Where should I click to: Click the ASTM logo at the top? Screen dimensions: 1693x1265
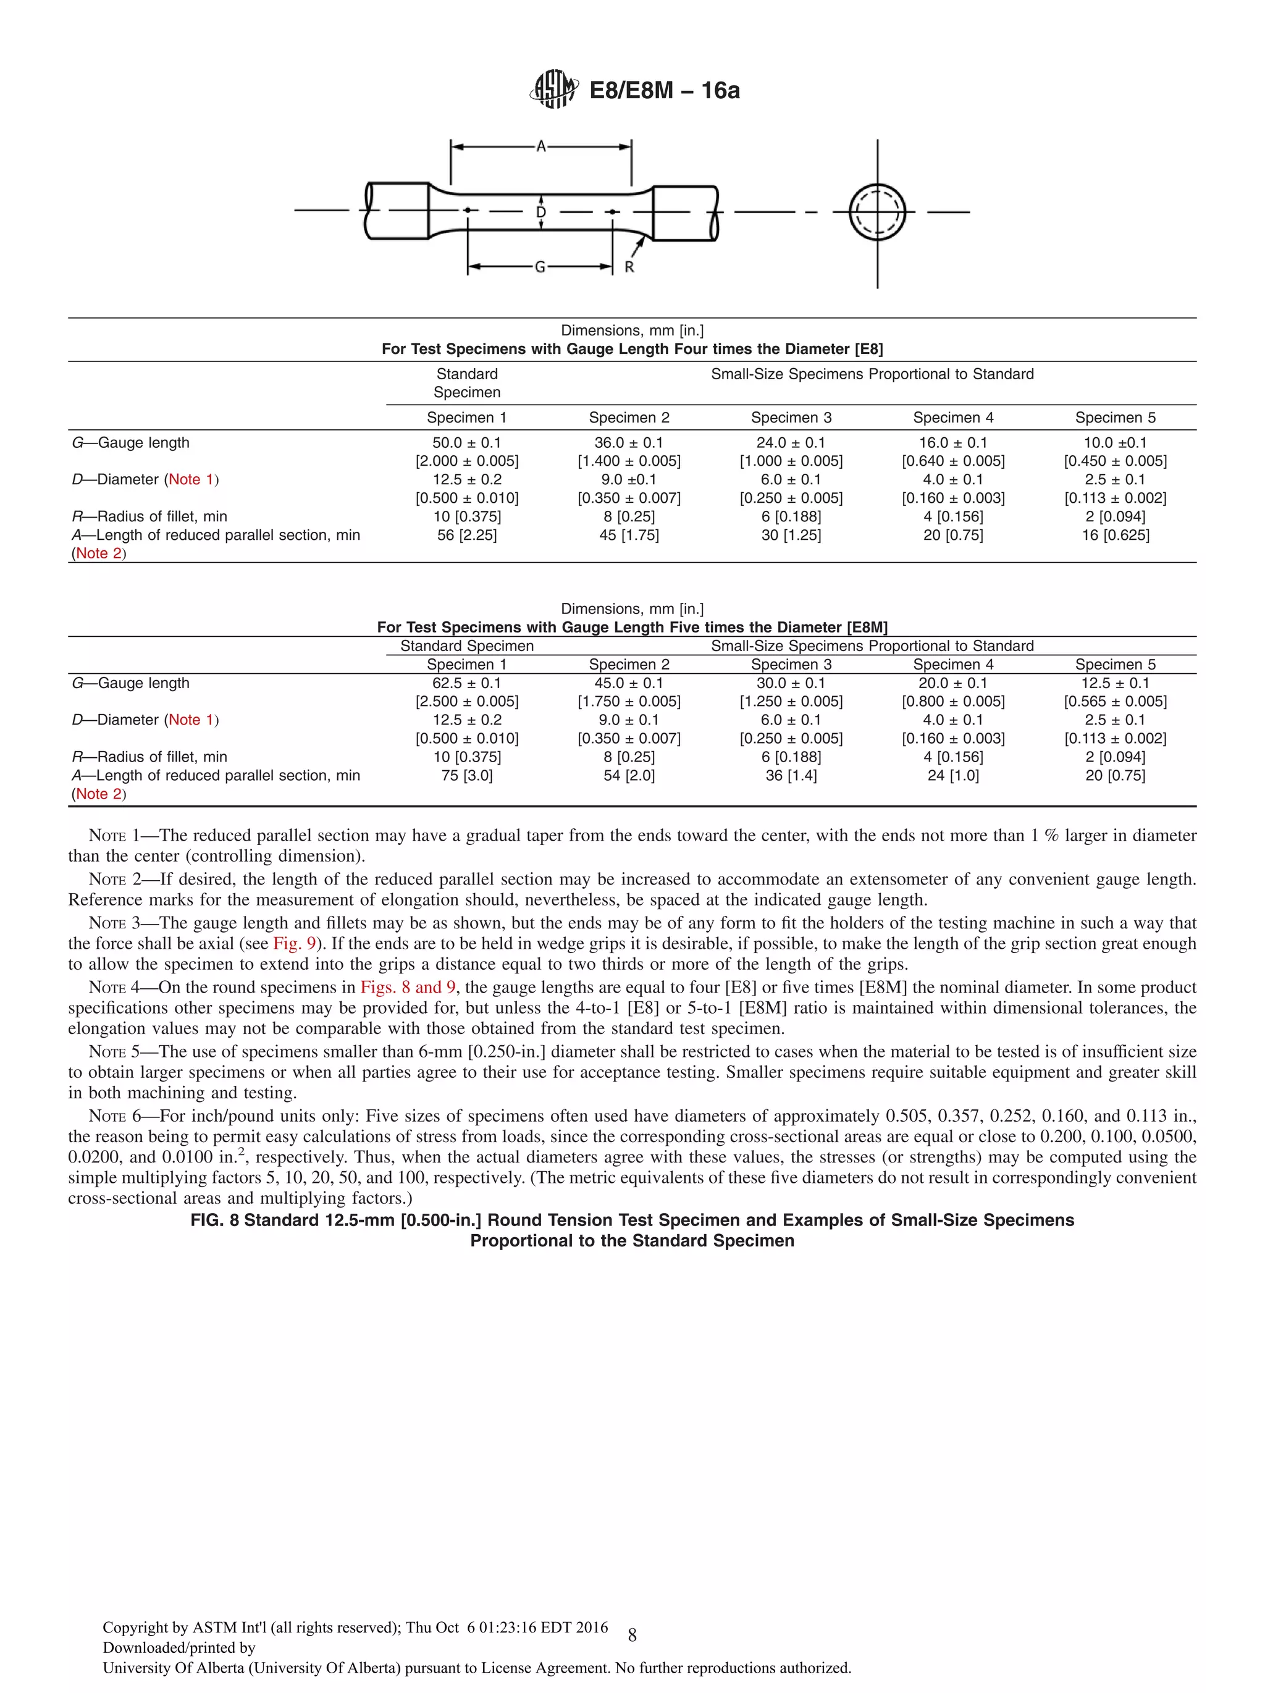[x=553, y=90]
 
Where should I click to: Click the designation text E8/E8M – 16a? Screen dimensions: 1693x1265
[x=664, y=91]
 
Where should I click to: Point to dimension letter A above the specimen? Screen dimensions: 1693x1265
[x=541, y=146]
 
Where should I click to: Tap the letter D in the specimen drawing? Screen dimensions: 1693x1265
[x=541, y=212]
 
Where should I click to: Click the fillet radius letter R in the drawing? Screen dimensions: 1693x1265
[x=629, y=267]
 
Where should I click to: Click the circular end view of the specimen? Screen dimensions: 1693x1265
[x=877, y=212]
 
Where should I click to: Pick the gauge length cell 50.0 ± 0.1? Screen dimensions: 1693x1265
[x=467, y=442]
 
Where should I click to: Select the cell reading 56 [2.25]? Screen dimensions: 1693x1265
[x=467, y=535]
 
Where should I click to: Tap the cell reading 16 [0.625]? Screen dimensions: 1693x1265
[x=1115, y=535]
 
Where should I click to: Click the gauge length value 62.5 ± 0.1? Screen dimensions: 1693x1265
[x=467, y=683]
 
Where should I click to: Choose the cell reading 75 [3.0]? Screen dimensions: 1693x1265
[x=467, y=775]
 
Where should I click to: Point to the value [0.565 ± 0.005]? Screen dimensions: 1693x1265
[x=1115, y=701]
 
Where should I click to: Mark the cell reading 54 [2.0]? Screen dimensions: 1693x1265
[x=629, y=775]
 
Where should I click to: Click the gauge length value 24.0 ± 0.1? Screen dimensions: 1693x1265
[x=791, y=442]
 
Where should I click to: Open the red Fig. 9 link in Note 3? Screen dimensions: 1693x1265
[x=295, y=944]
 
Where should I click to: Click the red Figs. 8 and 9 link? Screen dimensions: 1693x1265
[x=408, y=988]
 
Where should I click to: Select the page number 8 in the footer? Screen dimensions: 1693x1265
[x=632, y=1636]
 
